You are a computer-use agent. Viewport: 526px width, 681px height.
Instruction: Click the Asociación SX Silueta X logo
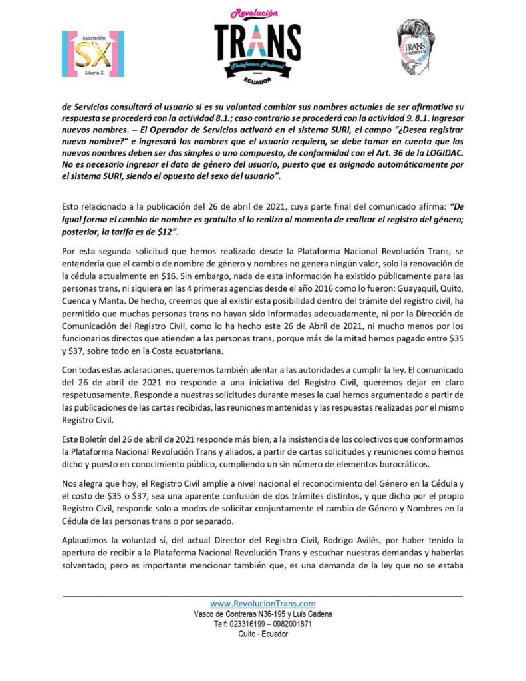pos(92,53)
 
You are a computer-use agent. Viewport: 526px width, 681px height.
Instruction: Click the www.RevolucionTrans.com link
pos(263,603)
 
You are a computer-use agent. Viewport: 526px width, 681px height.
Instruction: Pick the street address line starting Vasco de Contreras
pos(263,614)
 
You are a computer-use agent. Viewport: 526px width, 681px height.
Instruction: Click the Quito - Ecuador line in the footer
pos(263,635)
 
